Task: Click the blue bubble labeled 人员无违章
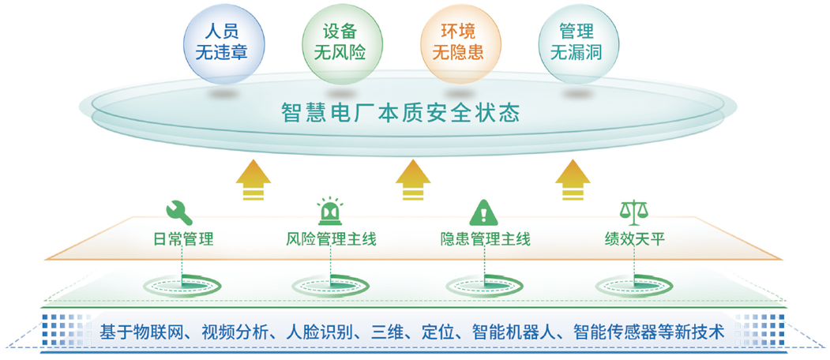tap(223, 43)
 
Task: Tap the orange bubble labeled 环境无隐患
tap(459, 43)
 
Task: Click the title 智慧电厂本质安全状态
tap(400, 114)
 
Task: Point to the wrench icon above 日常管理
tap(179, 212)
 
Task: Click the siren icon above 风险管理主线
tap(330, 212)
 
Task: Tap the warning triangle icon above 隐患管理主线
tap(484, 212)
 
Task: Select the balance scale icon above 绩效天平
tap(633, 212)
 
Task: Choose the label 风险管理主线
tap(330, 239)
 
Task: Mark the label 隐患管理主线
tap(485, 239)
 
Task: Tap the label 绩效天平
tap(634, 239)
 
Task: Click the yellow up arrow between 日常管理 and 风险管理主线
tap(254, 180)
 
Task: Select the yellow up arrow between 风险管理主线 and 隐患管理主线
tap(413, 180)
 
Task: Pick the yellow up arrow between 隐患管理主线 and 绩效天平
tap(573, 180)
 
